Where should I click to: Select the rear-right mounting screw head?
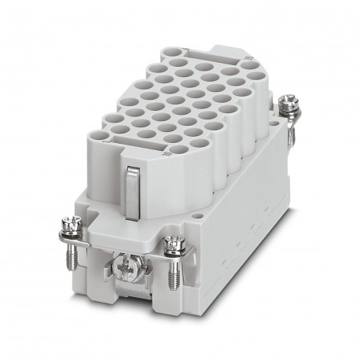pos(287,102)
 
